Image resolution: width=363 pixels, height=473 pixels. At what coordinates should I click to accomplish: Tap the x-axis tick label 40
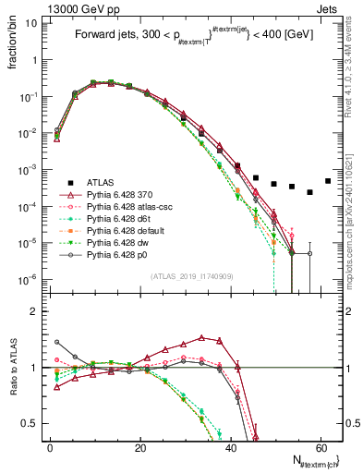tap(230, 447)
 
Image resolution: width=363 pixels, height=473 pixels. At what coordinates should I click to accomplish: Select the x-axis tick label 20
tap(139, 447)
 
